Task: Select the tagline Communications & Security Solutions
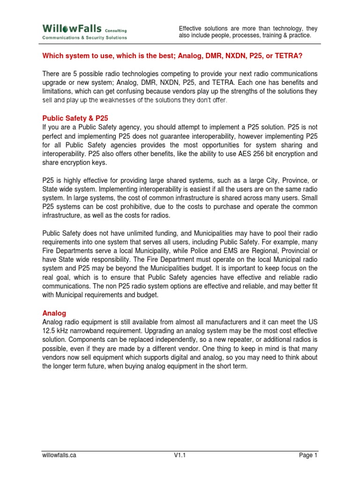(84, 38)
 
